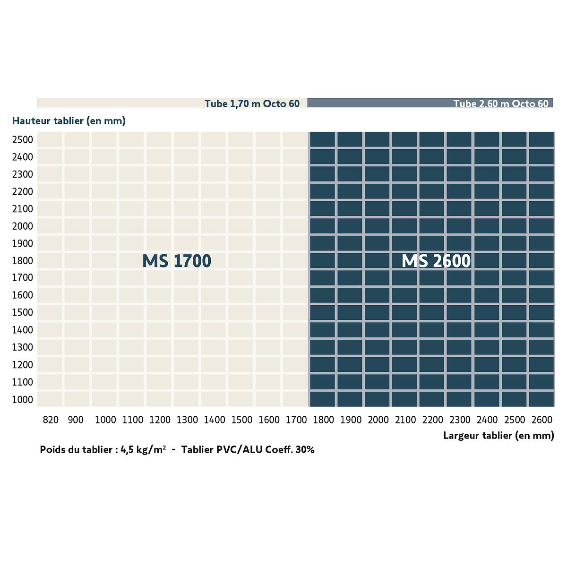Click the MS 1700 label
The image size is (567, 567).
coord(177,261)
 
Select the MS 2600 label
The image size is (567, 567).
coord(436,261)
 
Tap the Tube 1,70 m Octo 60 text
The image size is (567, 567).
coord(252,103)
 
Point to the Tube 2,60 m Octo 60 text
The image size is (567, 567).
coord(501,103)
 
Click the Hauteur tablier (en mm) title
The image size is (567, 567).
coord(69,121)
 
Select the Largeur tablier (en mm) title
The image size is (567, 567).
coord(499,436)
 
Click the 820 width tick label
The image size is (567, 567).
coord(51,420)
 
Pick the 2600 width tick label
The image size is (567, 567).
coord(542,420)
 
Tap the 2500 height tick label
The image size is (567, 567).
coord(22,140)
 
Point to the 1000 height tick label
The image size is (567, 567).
coord(22,400)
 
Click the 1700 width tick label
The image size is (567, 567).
coord(296,420)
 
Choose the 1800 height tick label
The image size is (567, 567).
coord(22,261)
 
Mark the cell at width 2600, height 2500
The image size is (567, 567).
coord(541,139)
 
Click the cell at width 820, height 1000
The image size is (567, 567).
coord(50,399)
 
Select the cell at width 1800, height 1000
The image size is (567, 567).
coord(323,399)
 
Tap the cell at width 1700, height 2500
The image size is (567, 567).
coord(295,139)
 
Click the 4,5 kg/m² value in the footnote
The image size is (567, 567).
coord(143,450)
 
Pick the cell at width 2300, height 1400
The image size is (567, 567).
coord(459,330)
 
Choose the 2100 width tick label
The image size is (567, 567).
coord(405,420)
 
